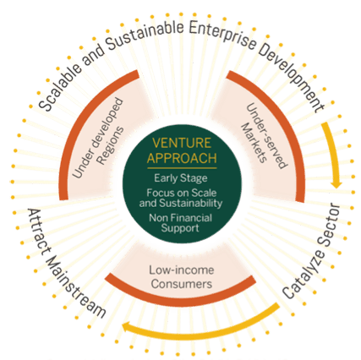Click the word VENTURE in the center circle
pyautogui.click(x=182, y=143)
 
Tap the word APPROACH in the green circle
pyautogui.click(x=182, y=158)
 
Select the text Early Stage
pyautogui.click(x=181, y=178)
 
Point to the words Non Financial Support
pyautogui.click(x=180, y=223)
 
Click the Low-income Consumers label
pyautogui.click(x=182, y=277)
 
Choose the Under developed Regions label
pyautogui.click(x=98, y=138)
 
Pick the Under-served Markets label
pyautogui.click(x=264, y=136)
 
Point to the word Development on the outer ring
pyautogui.click(x=293, y=79)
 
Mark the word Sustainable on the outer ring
pyautogui.click(x=145, y=35)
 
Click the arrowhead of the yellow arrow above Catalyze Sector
pyautogui.click(x=336, y=184)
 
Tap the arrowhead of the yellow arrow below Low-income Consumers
pyautogui.click(x=126, y=328)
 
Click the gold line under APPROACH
pyautogui.click(x=182, y=168)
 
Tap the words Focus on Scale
pyautogui.click(x=182, y=193)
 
